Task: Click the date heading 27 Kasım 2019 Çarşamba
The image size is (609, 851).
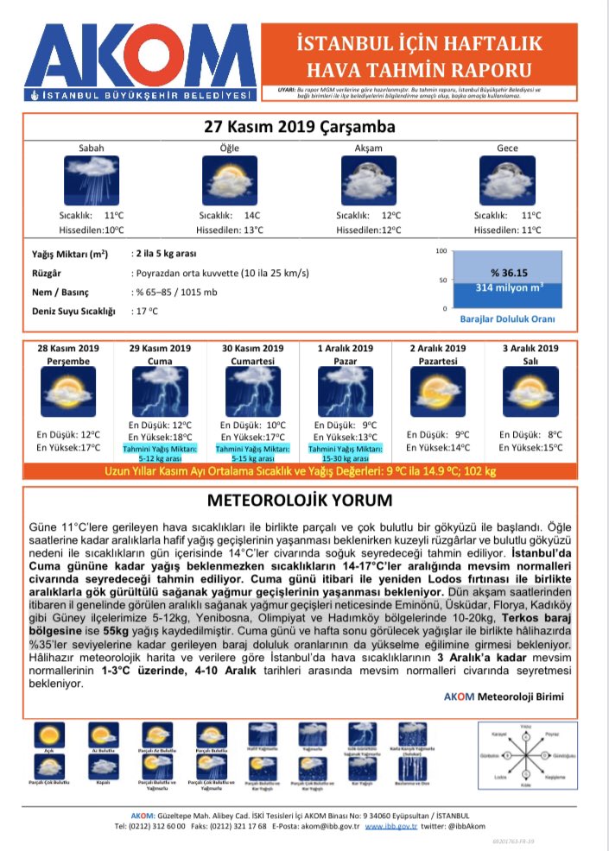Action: [x=300, y=127]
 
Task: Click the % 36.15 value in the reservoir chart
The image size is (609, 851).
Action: [x=510, y=272]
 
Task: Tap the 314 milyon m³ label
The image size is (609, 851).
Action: [x=510, y=287]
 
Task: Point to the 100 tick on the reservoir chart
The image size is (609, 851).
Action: [x=441, y=251]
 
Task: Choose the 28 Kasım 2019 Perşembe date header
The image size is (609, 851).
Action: [x=68, y=354]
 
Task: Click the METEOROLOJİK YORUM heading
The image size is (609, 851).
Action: [x=300, y=501]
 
